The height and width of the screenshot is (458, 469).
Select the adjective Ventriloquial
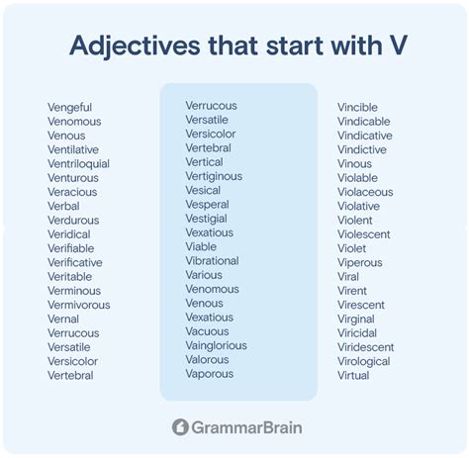78,164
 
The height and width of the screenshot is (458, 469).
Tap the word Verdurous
73,221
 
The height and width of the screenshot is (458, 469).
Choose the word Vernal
64,320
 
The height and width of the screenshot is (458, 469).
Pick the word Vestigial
206,219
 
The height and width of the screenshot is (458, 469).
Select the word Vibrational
212,261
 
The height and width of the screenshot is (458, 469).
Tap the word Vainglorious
216,346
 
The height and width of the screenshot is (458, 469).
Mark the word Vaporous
209,374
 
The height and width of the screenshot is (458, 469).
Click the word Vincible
357,108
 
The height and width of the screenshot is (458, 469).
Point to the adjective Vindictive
362,150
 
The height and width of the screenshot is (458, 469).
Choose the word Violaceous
365,193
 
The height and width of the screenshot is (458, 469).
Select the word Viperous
359,263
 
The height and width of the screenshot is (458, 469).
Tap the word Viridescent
365,348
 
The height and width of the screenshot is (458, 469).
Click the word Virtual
353,376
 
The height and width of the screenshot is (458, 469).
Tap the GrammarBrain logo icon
180,427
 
